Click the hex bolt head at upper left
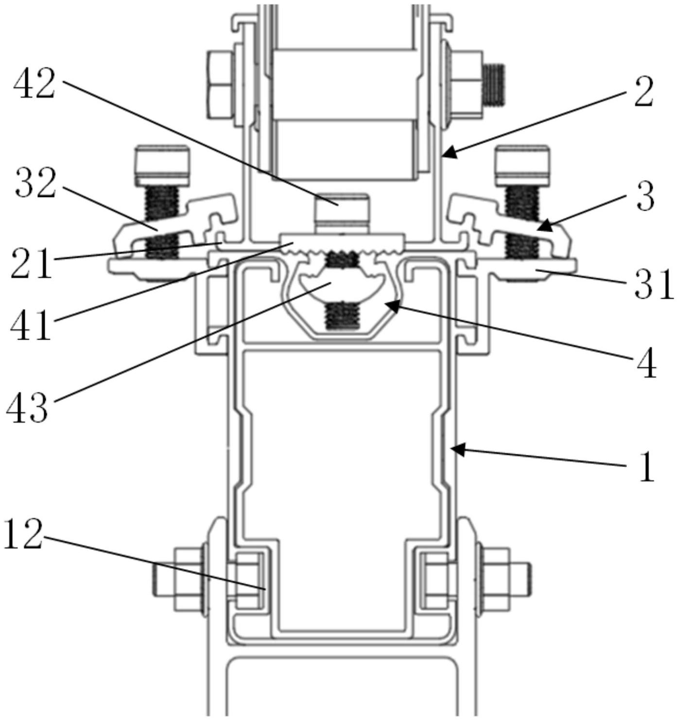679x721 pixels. (220, 84)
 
